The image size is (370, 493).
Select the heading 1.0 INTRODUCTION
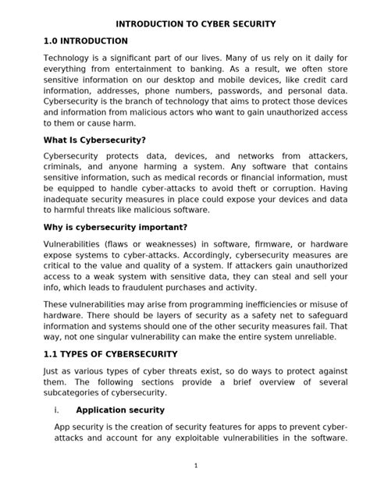click(x=86, y=41)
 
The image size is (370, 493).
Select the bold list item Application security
click(x=120, y=410)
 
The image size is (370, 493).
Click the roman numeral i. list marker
click(x=58, y=410)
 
